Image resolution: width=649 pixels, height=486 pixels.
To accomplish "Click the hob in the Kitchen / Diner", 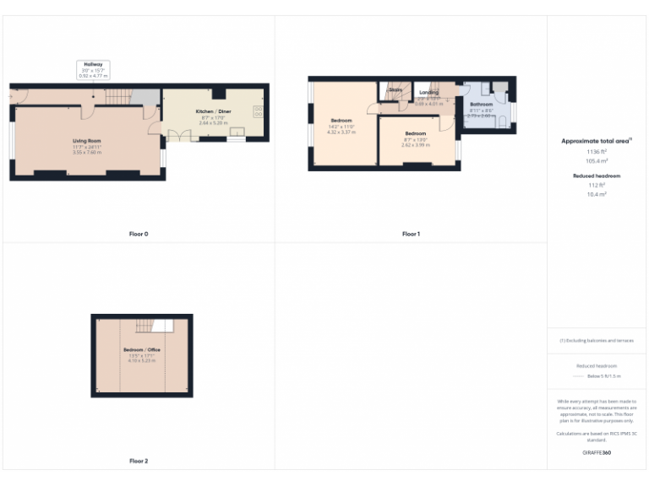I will (257, 111).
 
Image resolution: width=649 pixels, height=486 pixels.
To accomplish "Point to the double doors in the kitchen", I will (178, 137).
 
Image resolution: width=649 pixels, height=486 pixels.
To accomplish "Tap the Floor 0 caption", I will (139, 234).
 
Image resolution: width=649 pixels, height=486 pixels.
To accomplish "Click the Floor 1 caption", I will (411, 234).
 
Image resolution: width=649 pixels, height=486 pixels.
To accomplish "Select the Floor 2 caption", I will (139, 462).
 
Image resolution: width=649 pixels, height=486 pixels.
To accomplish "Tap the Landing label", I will (428, 92).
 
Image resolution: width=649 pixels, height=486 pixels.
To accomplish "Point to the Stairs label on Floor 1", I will (395, 88).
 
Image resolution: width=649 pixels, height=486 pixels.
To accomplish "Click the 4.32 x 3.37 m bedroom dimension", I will (341, 132).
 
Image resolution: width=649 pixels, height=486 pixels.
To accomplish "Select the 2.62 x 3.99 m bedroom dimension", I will (415, 144).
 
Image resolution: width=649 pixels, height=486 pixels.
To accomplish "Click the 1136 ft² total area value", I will (597, 152).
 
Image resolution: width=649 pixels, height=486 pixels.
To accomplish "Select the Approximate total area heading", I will (597, 141).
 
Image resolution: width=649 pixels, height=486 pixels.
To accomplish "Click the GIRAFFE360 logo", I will (597, 453).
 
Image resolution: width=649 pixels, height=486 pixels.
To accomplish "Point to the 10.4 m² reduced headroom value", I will (597, 194).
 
